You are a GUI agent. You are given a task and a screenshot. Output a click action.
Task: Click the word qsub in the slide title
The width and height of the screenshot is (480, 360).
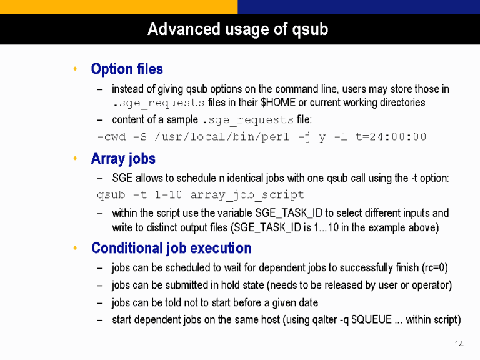coord(310,30)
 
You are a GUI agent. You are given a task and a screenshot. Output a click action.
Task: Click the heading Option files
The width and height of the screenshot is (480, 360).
coord(127,69)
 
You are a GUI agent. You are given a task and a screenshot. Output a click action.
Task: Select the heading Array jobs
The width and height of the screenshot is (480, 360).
coord(123,159)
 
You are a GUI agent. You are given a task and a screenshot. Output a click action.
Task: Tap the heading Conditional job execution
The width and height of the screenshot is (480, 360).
coord(171,248)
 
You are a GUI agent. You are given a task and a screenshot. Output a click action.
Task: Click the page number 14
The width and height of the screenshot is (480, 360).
coord(459,344)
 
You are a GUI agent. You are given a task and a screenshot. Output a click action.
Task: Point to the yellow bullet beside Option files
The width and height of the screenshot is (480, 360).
coord(75,69)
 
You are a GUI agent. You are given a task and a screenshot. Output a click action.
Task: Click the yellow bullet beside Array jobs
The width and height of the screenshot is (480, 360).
coord(75,158)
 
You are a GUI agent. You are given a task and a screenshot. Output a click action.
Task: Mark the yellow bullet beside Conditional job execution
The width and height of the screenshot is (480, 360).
coord(75,248)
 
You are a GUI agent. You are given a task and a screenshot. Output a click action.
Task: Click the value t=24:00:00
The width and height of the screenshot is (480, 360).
coord(391,136)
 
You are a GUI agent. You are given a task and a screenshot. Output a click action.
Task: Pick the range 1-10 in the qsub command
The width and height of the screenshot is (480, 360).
coord(168,195)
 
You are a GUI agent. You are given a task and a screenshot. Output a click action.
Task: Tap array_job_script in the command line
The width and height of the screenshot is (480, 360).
coord(247,195)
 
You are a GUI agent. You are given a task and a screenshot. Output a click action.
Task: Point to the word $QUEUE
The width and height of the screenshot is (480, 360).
coord(372,319)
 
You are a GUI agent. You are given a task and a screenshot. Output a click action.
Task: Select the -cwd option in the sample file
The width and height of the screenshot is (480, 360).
coord(111,136)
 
